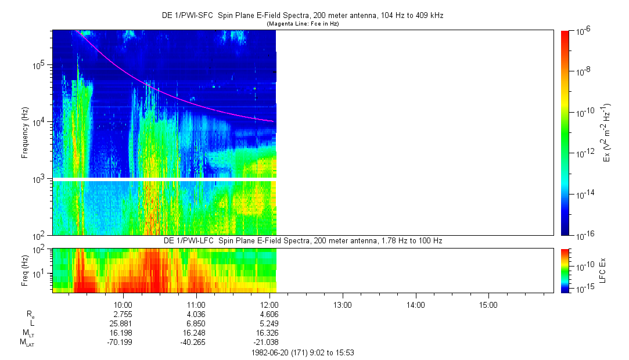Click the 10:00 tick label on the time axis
click(123, 304)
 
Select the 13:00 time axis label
click(342, 304)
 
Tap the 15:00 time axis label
click(488, 304)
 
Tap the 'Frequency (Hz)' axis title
click(26, 133)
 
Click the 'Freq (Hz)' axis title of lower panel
click(26, 270)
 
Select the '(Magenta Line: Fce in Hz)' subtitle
click(302, 24)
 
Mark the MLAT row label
click(27, 342)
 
